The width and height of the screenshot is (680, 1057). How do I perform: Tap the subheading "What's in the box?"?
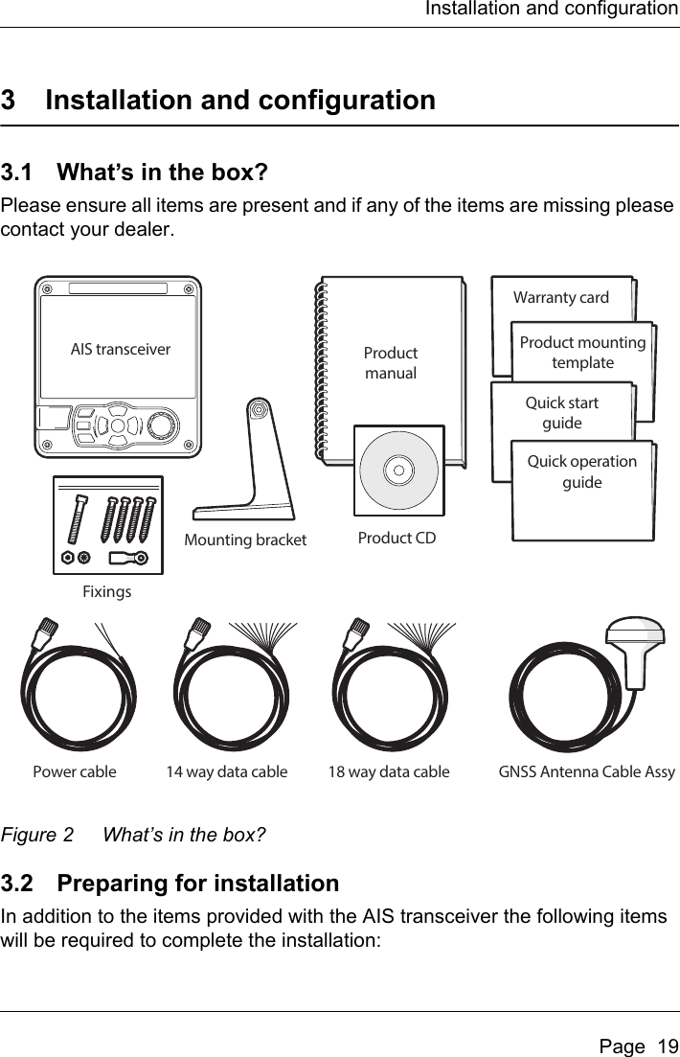[x=163, y=173]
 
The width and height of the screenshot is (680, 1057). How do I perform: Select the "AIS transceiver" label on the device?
[x=121, y=349]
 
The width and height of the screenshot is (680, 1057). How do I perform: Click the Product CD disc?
[x=399, y=471]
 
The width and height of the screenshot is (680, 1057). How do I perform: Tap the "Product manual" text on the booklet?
[x=391, y=363]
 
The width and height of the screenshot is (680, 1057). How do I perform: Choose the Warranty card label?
[x=561, y=298]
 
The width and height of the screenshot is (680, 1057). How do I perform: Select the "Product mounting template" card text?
[x=582, y=354]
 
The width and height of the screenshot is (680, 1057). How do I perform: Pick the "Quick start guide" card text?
[x=562, y=413]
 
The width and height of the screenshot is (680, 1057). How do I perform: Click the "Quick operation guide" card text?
[x=582, y=471]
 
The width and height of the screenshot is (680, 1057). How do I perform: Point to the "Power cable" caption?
[x=75, y=770]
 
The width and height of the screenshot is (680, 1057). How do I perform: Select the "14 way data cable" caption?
[x=227, y=770]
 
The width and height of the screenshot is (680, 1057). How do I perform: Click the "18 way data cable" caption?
[x=389, y=770]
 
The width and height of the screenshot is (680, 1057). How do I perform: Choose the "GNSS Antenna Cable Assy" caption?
[x=587, y=770]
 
